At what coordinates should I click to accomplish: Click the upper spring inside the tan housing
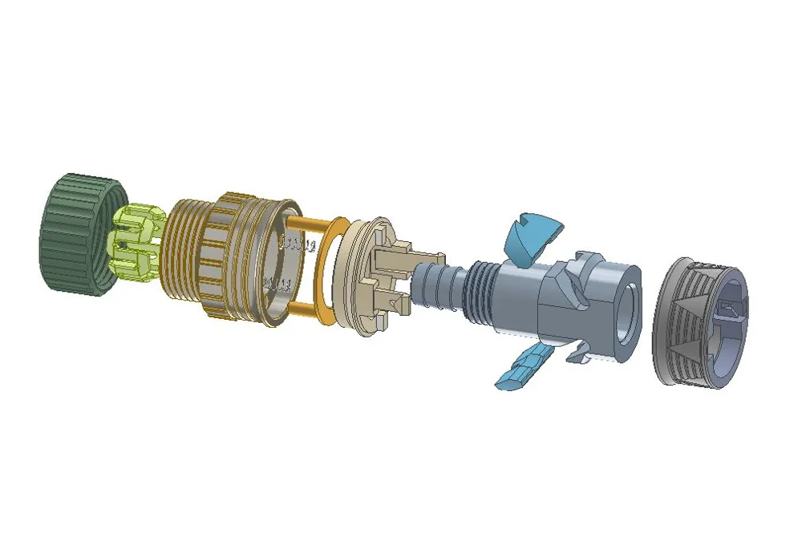(x=296, y=240)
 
